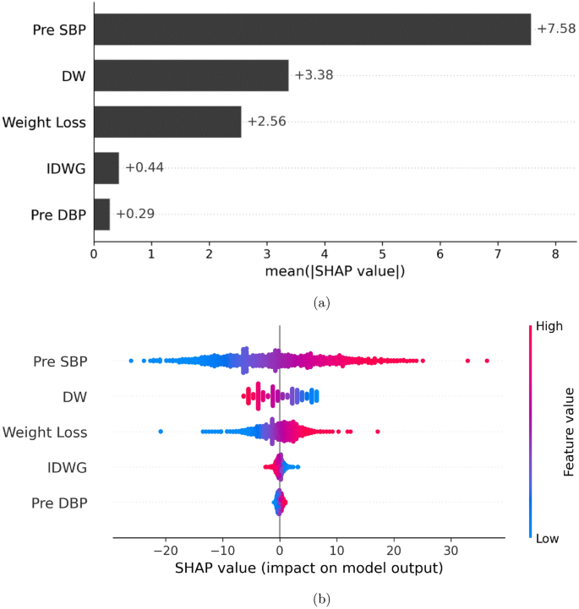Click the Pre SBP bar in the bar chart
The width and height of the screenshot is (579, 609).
point(312,30)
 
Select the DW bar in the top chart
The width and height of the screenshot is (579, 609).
point(191,76)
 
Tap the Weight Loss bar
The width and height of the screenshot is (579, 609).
point(167,122)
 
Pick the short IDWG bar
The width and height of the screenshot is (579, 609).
point(107,168)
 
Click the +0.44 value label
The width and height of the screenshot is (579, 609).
point(144,168)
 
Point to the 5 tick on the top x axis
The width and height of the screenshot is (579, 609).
point(382,253)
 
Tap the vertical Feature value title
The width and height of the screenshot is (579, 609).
point(569,432)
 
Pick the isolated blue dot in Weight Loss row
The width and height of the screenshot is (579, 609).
point(161,432)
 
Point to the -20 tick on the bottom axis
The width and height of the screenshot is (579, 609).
point(164,546)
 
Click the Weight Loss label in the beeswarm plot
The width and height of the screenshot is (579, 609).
point(44,432)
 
